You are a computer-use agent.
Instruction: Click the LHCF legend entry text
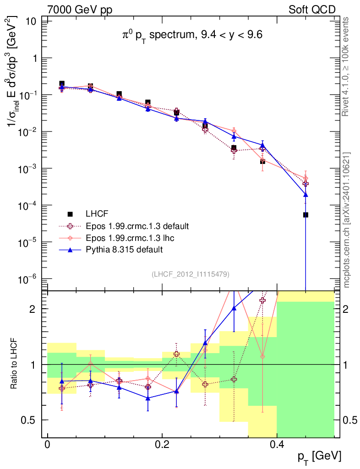click(97, 214)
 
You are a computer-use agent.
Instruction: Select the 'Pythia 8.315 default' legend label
click(124, 250)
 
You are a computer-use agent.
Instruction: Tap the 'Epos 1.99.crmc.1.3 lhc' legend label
click(130, 238)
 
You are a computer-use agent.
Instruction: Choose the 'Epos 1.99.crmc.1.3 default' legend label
click(137, 226)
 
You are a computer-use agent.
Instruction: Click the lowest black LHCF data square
click(305, 215)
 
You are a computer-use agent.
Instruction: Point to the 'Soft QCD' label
click(312, 10)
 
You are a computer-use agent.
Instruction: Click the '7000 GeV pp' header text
click(80, 10)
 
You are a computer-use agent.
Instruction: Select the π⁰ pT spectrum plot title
click(192, 35)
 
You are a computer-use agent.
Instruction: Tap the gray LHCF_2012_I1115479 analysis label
click(191, 274)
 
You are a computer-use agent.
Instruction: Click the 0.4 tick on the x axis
click(277, 444)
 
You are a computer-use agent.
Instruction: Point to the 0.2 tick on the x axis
click(162, 444)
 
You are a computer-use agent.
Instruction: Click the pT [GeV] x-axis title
click(319, 457)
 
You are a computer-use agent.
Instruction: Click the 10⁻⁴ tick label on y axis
click(27, 206)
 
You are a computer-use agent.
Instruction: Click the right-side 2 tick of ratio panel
click(345, 309)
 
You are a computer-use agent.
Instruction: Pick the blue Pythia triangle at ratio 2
click(234, 308)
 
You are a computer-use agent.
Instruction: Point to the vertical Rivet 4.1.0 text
click(345, 67)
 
